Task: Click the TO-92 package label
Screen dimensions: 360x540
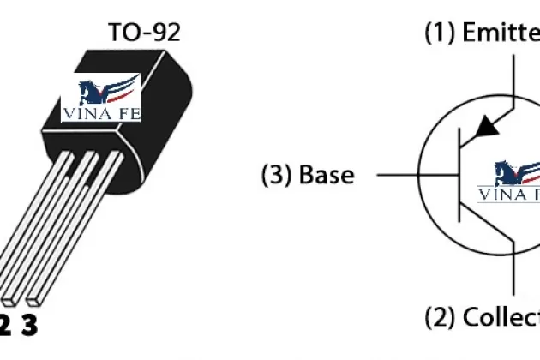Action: [144, 33]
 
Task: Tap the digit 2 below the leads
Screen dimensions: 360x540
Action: [5, 327]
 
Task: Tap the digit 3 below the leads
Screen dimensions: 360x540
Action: [29, 327]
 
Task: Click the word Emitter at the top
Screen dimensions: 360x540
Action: [501, 33]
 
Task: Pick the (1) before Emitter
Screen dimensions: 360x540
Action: [441, 33]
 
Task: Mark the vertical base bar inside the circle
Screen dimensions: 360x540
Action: [462, 175]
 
